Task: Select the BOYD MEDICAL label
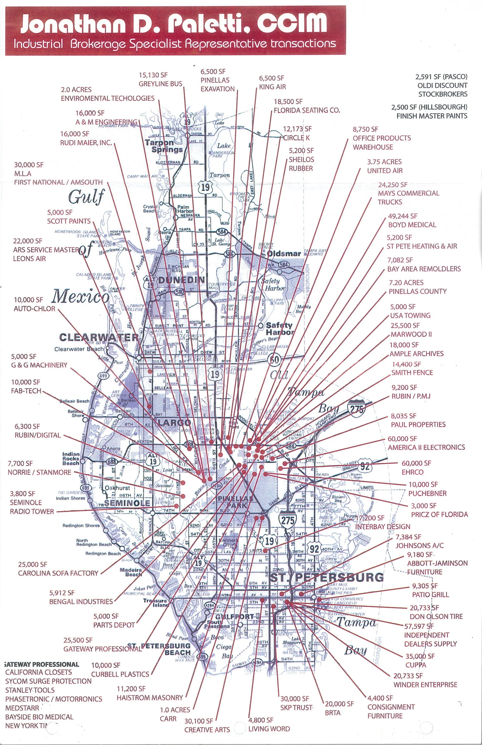point(412,225)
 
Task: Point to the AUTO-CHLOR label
point(35,309)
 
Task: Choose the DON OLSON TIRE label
point(436,616)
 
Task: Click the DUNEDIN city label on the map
point(182,280)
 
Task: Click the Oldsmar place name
point(284,254)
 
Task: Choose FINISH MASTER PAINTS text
point(432,116)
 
